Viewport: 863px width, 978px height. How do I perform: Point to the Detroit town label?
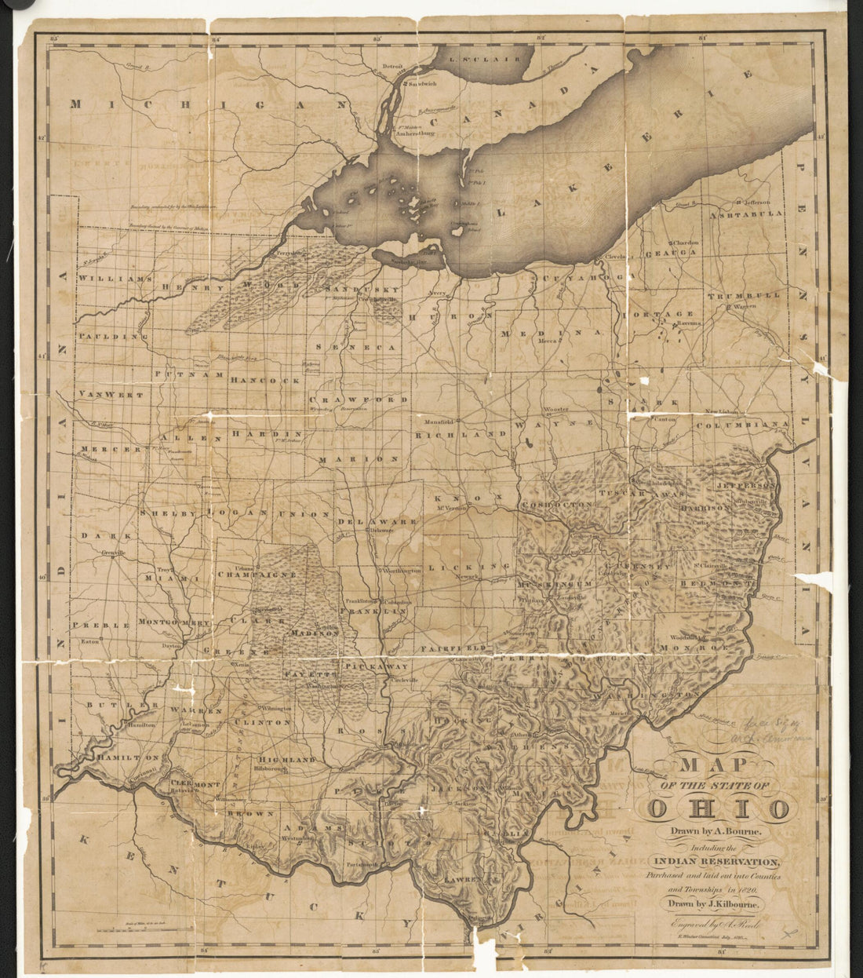(392, 68)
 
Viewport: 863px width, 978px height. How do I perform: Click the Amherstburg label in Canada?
(415, 133)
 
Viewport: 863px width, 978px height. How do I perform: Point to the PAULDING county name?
(113, 336)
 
